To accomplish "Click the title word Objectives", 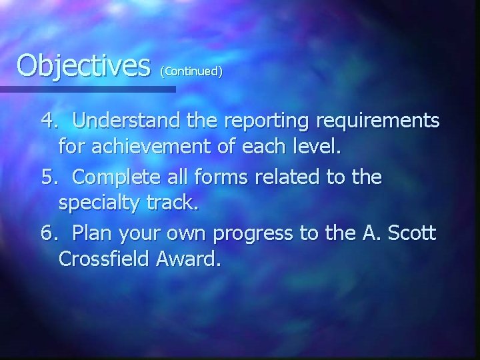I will pos(83,66).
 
